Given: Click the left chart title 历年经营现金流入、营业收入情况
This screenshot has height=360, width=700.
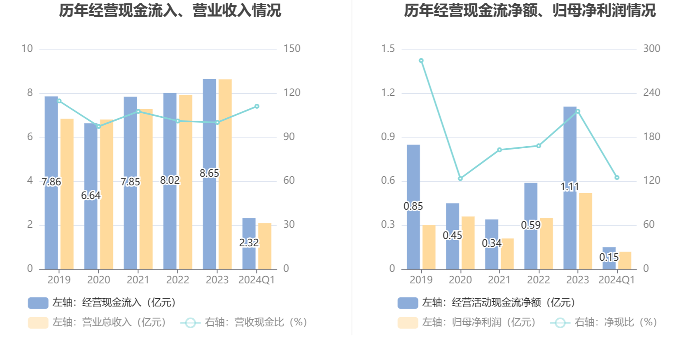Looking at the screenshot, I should coord(170,11).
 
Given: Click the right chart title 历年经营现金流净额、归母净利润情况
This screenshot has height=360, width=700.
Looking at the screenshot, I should coord(530,11).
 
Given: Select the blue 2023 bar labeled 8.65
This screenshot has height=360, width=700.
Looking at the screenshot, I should coord(209,124).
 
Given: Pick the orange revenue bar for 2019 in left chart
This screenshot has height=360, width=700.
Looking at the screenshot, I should coord(67,194).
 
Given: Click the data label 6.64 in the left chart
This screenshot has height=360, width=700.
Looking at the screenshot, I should coord(91,196).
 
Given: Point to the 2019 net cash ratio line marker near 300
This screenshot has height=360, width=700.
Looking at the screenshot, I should coord(421,61).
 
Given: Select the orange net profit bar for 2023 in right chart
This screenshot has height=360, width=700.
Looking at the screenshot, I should coord(585,231).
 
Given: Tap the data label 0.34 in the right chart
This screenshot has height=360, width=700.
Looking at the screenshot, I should coord(492,243).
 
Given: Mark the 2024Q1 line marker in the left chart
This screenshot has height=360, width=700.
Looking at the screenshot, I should coord(257,106).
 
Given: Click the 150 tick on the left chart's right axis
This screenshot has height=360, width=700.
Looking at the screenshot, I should coord(292,49).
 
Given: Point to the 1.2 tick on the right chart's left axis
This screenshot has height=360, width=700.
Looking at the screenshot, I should coord(388,93).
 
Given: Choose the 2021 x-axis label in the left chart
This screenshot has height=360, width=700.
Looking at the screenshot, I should coord(138,280).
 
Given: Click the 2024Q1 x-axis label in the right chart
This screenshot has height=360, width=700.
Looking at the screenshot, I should coord(616,280).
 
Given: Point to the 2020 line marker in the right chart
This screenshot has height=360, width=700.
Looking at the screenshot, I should coord(460,178).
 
